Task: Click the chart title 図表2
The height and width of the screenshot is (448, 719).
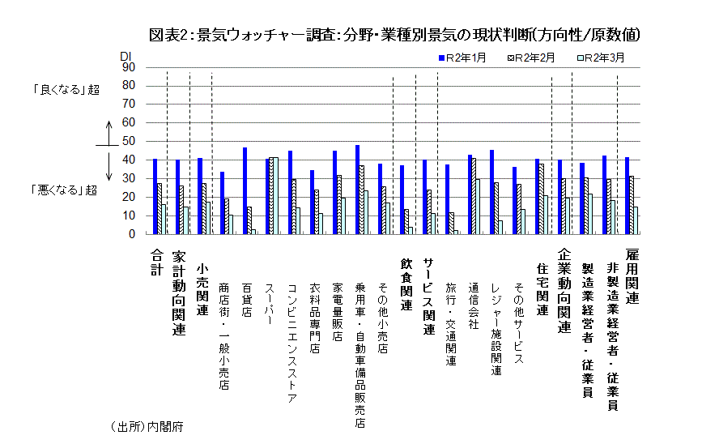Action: click(x=396, y=35)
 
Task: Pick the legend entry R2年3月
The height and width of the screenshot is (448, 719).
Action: click(x=603, y=58)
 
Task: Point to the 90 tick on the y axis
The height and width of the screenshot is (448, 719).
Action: click(x=128, y=67)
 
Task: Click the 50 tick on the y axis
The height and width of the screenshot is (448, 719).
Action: click(x=128, y=142)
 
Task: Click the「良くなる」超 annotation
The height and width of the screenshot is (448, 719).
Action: click(x=65, y=90)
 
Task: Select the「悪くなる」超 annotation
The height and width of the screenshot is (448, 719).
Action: click(x=65, y=190)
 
